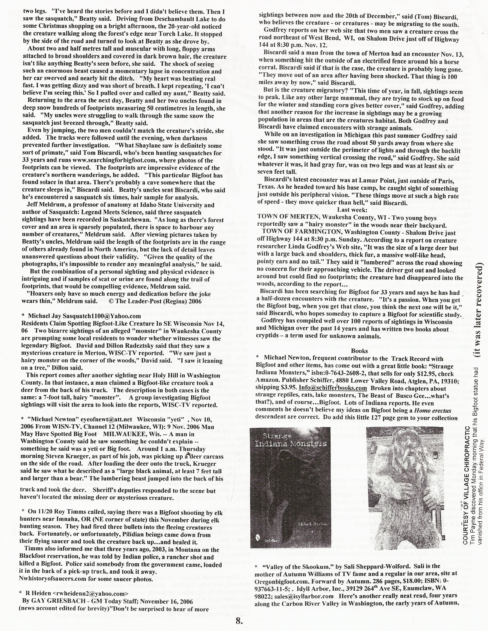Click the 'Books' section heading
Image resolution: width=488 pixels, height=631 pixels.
point(359,351)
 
